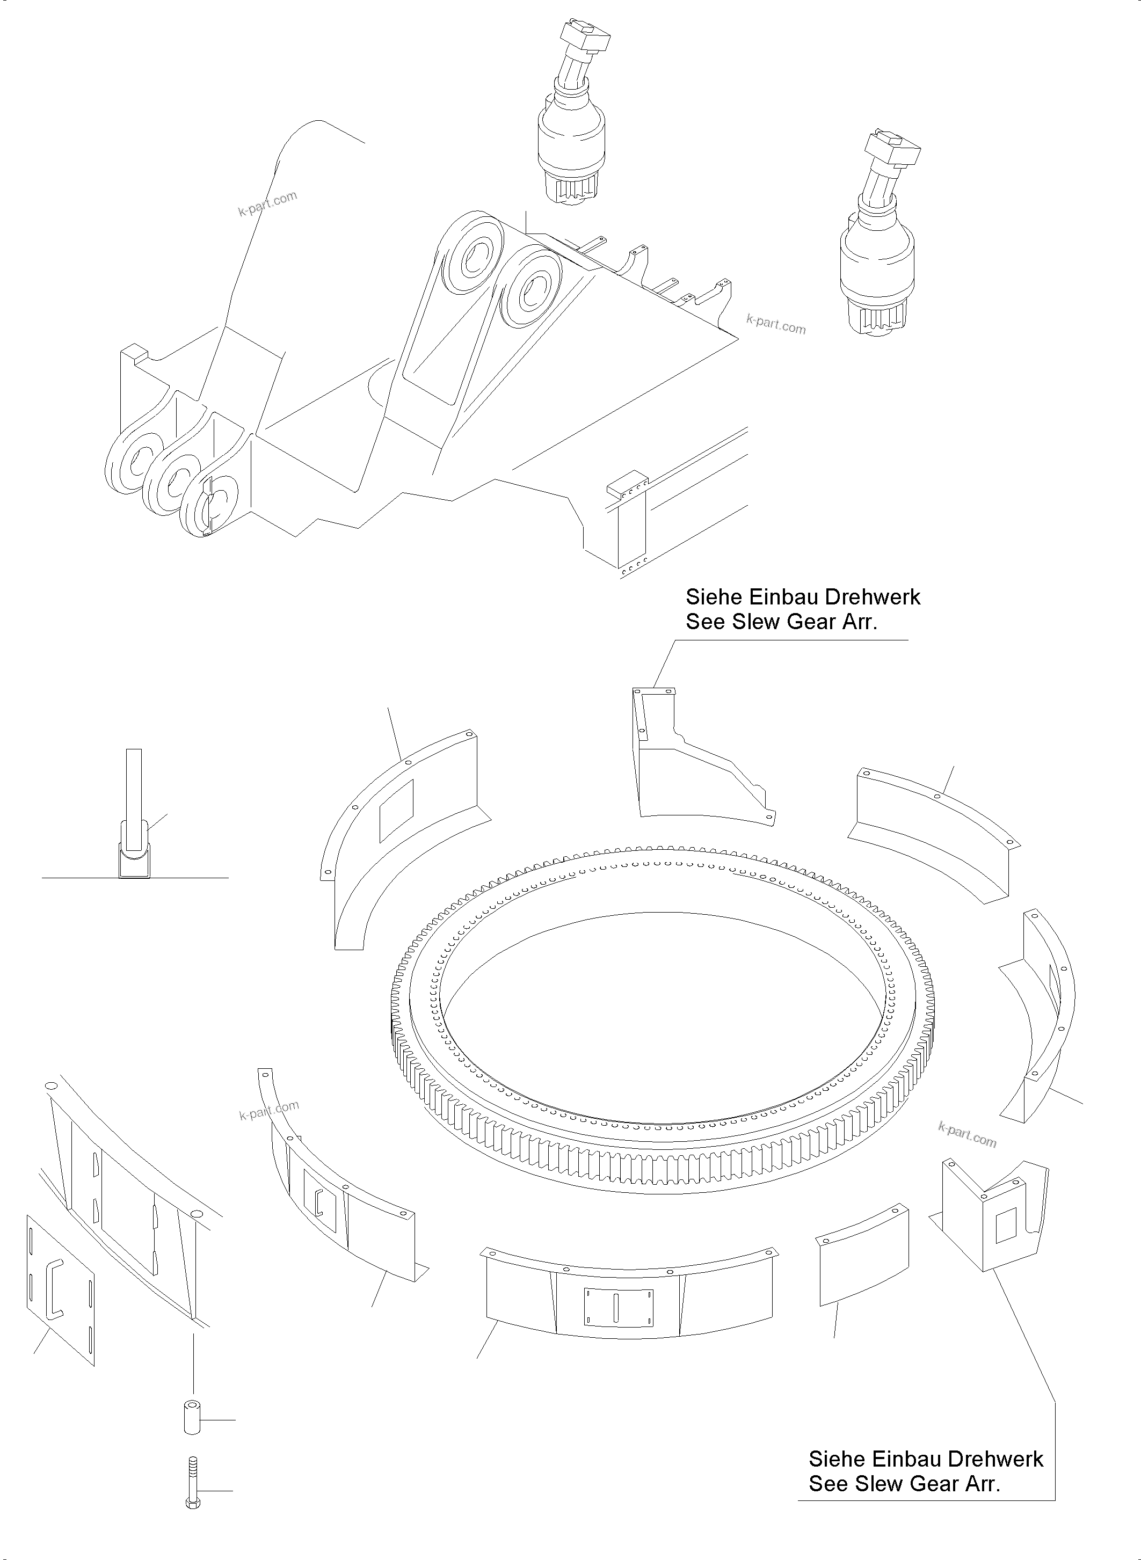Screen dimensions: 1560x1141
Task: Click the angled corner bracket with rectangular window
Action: coord(994,1217)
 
